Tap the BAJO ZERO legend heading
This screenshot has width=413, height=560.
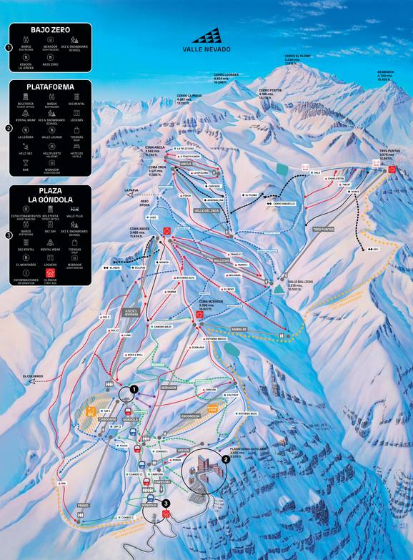pyautogui.click(x=51, y=31)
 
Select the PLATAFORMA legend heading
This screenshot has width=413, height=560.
pyautogui.click(x=51, y=87)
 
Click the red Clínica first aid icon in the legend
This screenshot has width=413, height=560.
pyautogui.click(x=51, y=274)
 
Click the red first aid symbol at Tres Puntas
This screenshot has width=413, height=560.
pyautogui.click(x=392, y=170)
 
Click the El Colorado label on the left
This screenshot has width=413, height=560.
pyautogui.click(x=34, y=375)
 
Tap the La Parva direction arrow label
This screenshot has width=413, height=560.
pyautogui.click(x=130, y=190)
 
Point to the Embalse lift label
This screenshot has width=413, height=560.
pyautogui.click(x=239, y=330)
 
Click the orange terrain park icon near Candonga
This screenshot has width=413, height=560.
pyautogui.click(x=91, y=411)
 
